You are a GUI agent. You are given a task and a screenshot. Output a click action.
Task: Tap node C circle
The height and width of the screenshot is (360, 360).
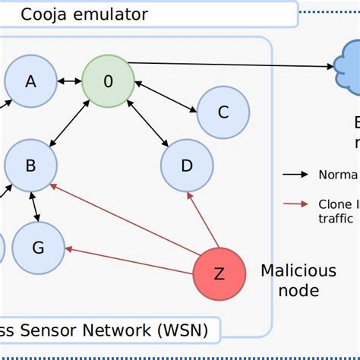223,112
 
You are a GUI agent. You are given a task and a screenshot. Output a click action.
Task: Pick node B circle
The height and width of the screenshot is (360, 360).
31,164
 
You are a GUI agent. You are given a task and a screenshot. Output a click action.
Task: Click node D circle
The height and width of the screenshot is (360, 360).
188,165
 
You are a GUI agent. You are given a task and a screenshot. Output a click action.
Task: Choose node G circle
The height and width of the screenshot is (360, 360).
38,248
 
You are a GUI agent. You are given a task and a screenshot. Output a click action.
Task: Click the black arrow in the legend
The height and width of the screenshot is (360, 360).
296,175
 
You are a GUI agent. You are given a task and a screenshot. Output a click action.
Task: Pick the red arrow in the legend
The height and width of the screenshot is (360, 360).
296,204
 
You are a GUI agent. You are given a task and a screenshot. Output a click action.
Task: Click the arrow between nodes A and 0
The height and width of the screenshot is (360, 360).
70,81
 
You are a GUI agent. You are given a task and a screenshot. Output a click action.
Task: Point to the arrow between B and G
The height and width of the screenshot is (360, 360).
33,207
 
